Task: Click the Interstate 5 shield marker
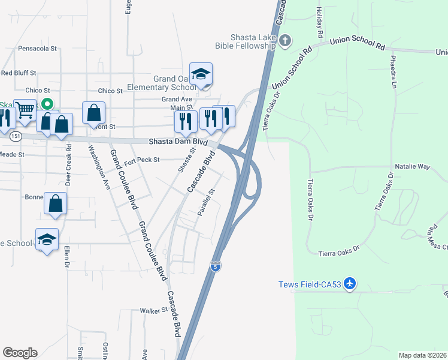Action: click(x=214, y=266)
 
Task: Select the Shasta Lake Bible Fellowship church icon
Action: click(x=285, y=41)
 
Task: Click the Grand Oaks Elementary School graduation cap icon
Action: click(x=201, y=74)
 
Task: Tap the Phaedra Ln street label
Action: click(x=393, y=73)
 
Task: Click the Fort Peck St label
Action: click(x=142, y=160)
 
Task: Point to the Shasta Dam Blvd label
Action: click(x=178, y=142)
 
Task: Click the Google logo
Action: click(x=20, y=353)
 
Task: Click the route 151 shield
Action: click(x=15, y=137)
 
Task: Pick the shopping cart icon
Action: click(x=25, y=110)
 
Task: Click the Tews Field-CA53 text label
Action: click(x=310, y=284)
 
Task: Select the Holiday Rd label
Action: click(x=319, y=20)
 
